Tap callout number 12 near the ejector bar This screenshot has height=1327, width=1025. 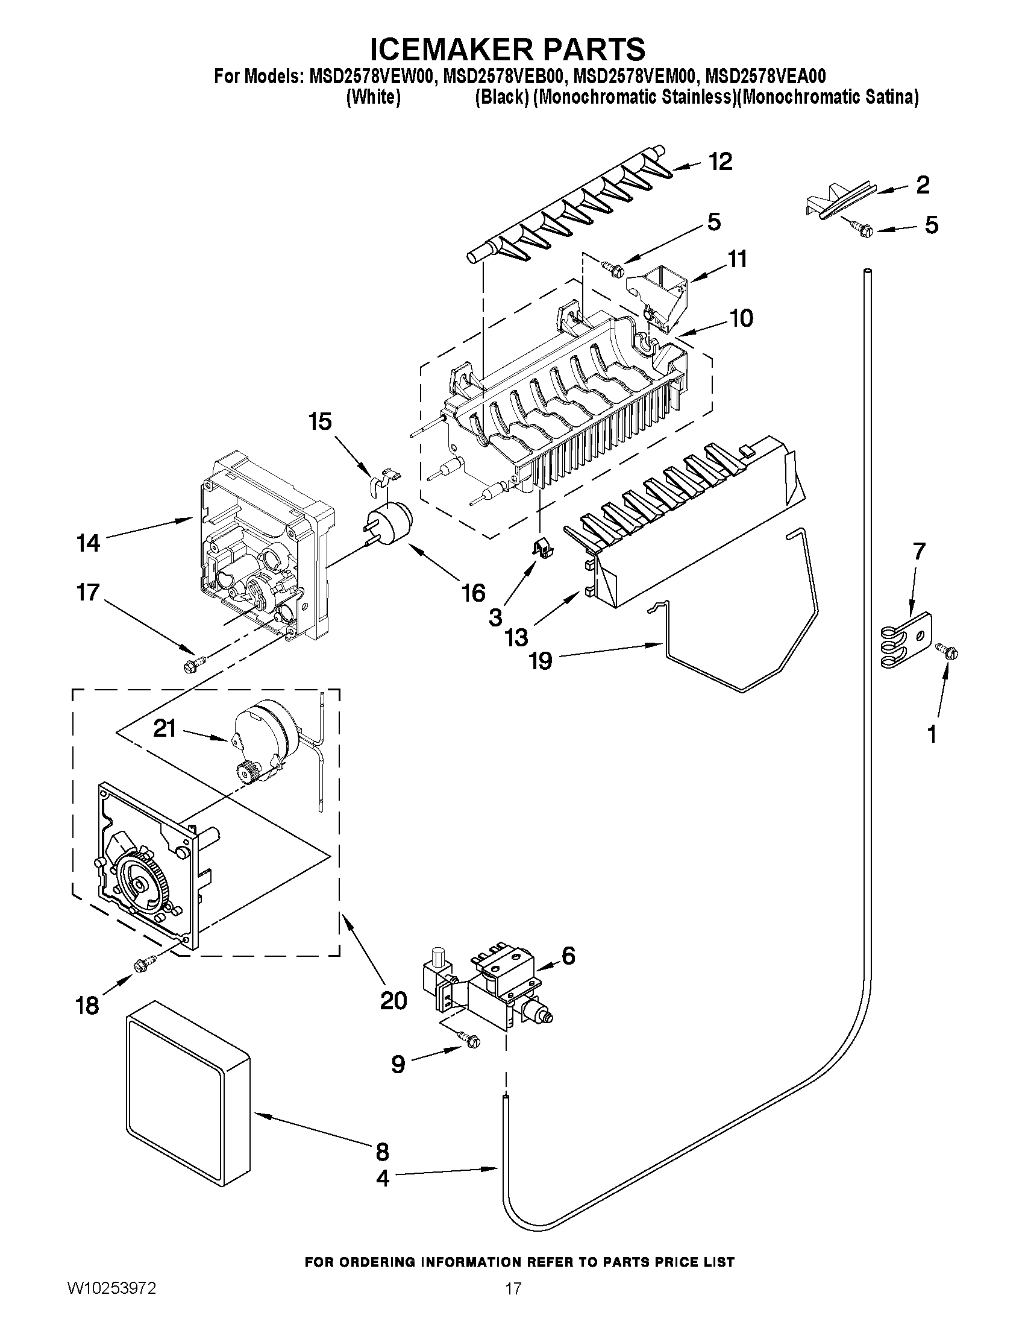pyautogui.click(x=720, y=162)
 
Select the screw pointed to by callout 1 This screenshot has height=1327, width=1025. pyautogui.click(x=948, y=651)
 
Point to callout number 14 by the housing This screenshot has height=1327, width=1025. pyautogui.click(x=89, y=543)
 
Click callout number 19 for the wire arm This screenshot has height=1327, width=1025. pyautogui.click(x=541, y=660)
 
